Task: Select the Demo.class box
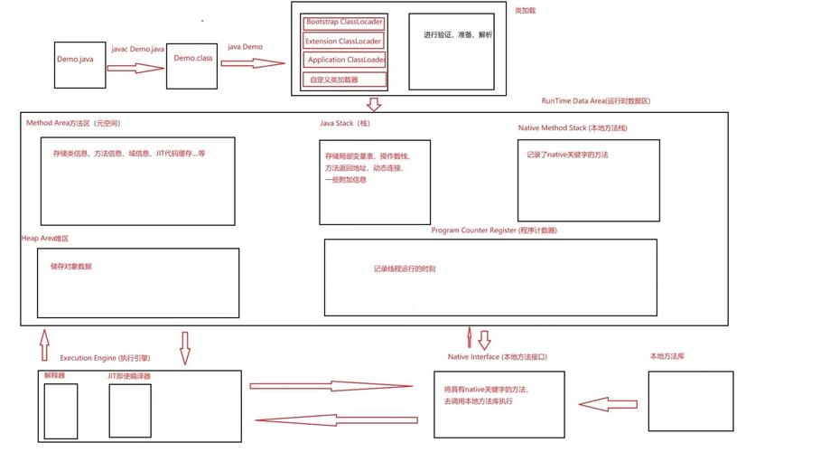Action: [x=192, y=60]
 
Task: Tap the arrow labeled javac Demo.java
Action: [x=134, y=68]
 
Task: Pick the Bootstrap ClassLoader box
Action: [x=345, y=21]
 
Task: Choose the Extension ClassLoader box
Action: [x=345, y=41]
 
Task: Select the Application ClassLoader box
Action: [x=345, y=60]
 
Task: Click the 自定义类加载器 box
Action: [x=345, y=80]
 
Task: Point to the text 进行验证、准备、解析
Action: [x=458, y=35]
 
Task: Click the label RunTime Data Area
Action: [x=596, y=101]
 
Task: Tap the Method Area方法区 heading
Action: [x=73, y=122]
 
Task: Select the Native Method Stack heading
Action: [x=573, y=127]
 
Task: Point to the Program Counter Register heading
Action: [x=494, y=231]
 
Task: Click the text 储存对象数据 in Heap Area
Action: [x=71, y=267]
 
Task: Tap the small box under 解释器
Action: [x=61, y=410]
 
